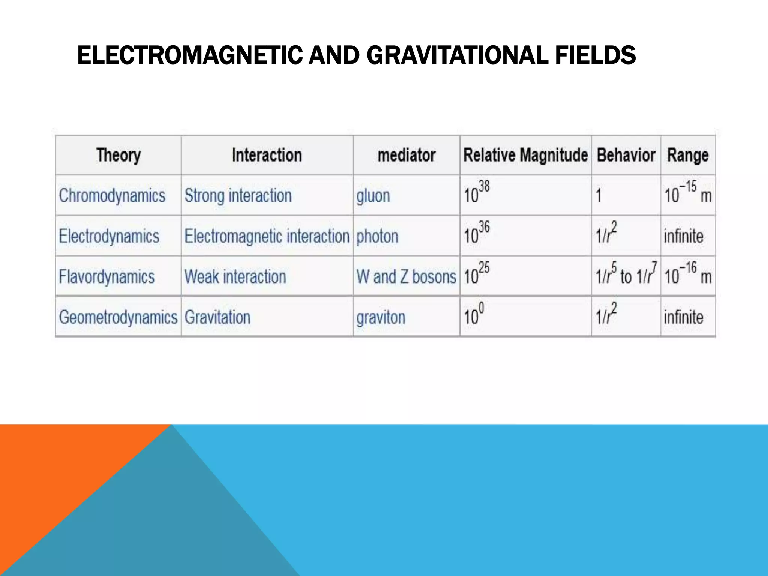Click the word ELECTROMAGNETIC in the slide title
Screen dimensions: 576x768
[x=189, y=55]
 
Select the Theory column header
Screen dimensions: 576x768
[x=118, y=155]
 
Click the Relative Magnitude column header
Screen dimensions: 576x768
[x=525, y=155]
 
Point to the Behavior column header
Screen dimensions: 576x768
[x=626, y=155]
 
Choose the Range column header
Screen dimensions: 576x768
[x=688, y=155]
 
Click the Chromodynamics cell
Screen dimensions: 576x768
[x=112, y=196]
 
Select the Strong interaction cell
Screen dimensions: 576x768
[x=238, y=196]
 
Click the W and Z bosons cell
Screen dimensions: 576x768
[x=406, y=277]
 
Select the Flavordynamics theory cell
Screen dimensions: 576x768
[x=107, y=277]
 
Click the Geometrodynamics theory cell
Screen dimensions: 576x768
[x=118, y=317]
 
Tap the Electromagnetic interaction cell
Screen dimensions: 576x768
[x=267, y=236]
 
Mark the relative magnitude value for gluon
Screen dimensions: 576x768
[x=477, y=192]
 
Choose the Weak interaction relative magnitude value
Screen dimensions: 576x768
[x=477, y=273]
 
